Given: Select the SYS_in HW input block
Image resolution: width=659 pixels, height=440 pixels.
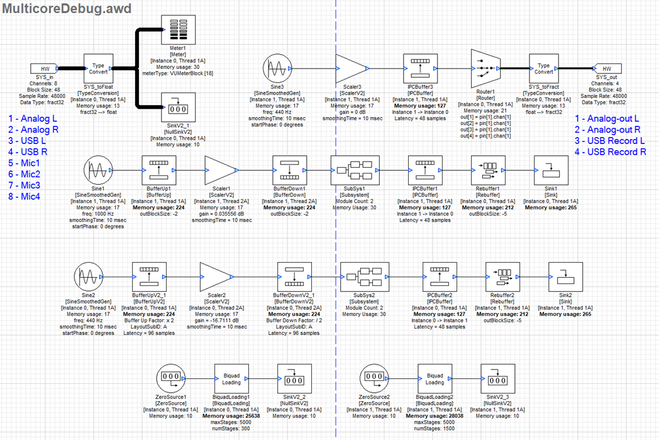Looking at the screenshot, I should tap(44, 69).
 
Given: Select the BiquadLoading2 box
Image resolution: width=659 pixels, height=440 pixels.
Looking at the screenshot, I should tap(435, 378).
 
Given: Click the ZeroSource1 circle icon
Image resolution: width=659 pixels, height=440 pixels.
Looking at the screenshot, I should tap(169, 378).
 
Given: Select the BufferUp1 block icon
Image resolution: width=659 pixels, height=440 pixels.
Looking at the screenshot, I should tap(158, 168).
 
